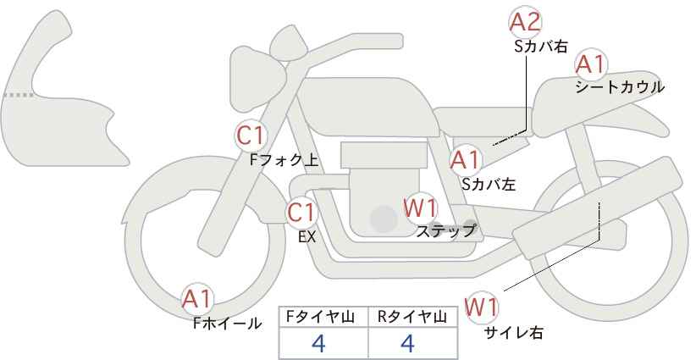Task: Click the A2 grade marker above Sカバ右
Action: pos(525,22)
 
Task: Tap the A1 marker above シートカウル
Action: pos(590,64)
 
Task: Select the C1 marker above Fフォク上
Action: pos(251,135)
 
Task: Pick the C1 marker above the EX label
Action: pos(302,212)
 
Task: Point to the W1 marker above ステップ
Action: pos(420,208)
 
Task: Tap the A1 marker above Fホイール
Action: pos(198,299)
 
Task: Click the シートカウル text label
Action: pos(620,87)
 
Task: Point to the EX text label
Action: pos(307,237)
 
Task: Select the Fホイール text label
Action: pos(228,323)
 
